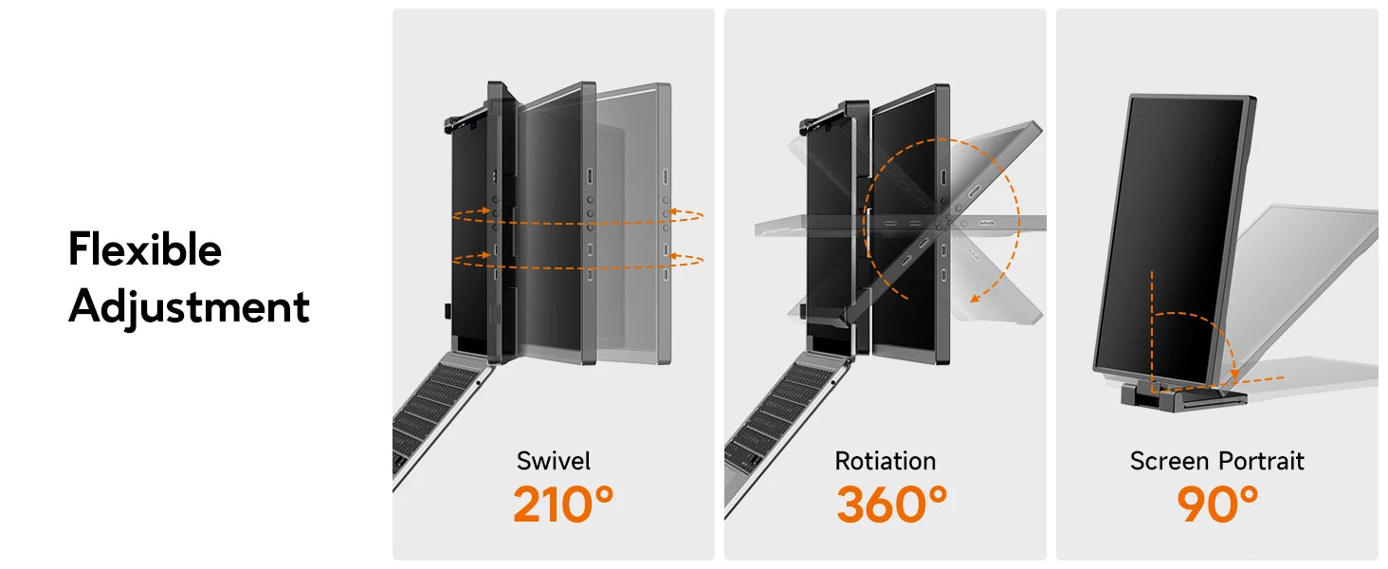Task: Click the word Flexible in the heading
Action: (x=145, y=250)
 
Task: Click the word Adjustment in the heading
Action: (x=189, y=307)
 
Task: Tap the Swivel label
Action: (x=554, y=462)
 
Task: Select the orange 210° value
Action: (x=563, y=505)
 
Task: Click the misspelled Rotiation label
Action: (x=886, y=462)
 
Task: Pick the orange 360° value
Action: (x=891, y=505)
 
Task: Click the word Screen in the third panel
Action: (x=1170, y=462)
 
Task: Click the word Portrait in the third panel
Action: (x=1261, y=462)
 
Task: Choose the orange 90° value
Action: (x=1217, y=505)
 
